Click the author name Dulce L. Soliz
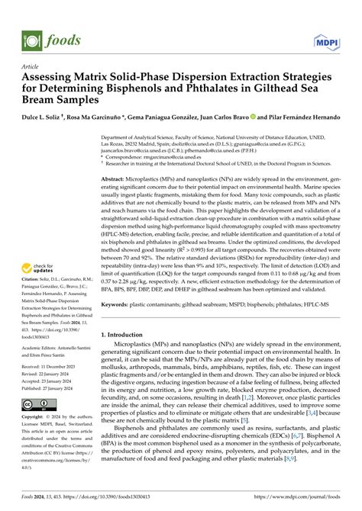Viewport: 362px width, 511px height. [x=44, y=118]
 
